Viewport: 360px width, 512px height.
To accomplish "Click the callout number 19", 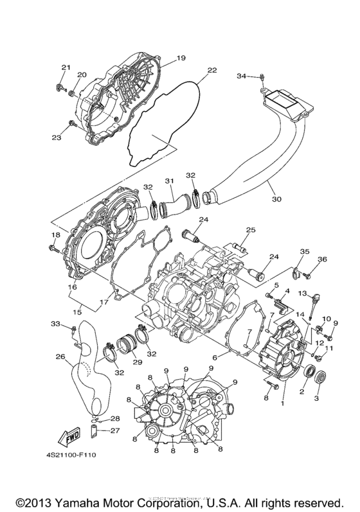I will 181,58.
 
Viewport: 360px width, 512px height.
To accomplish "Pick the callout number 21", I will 65,67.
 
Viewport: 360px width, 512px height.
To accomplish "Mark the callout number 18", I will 54,236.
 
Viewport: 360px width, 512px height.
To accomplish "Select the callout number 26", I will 60,357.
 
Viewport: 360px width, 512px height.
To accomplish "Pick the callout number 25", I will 251,229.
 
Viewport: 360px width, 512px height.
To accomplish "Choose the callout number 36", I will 323,259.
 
